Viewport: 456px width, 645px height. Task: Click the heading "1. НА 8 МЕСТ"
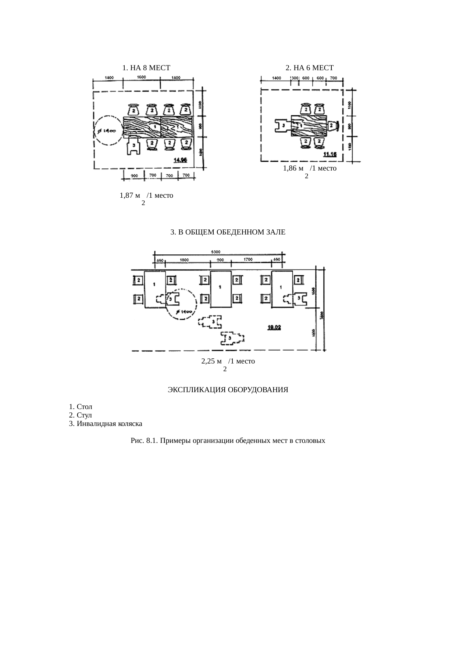[146, 68]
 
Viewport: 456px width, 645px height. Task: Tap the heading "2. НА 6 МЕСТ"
[309, 68]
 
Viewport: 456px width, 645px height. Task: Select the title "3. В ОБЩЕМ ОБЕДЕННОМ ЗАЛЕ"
[228, 232]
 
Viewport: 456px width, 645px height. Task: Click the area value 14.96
[180, 160]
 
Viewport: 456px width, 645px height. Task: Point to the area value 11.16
[330, 155]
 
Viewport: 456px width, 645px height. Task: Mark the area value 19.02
[274, 327]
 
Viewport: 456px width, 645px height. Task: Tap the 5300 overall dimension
[216, 252]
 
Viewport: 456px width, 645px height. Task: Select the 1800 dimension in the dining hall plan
[185, 259]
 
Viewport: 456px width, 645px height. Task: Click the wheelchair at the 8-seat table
[133, 146]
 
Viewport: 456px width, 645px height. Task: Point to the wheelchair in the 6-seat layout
[283, 126]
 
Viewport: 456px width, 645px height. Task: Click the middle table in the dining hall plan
[221, 289]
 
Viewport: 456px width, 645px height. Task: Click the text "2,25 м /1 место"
[228, 361]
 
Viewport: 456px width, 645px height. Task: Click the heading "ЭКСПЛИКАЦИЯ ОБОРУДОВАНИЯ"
[228, 390]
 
